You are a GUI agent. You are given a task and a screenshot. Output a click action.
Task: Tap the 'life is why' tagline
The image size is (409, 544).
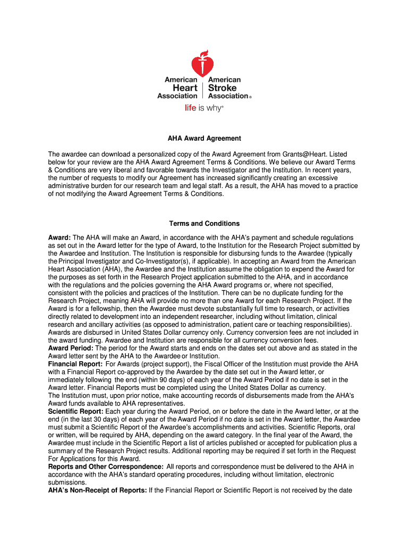pos(204,108)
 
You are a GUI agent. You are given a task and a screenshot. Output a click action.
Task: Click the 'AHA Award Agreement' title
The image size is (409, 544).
pos(204,139)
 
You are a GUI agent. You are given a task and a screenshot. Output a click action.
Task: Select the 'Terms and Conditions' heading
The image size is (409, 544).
pos(204,224)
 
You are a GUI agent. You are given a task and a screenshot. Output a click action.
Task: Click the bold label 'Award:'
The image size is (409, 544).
pos(59,237)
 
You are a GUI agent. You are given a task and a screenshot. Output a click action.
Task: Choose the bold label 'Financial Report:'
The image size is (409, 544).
pos(75,364)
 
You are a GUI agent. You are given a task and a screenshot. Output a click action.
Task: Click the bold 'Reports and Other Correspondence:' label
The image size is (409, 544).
pos(105,467)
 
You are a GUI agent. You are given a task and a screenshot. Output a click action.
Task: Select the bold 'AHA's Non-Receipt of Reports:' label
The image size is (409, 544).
pos(97,491)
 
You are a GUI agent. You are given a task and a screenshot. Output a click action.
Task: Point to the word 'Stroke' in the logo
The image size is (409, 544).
pos(223,88)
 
